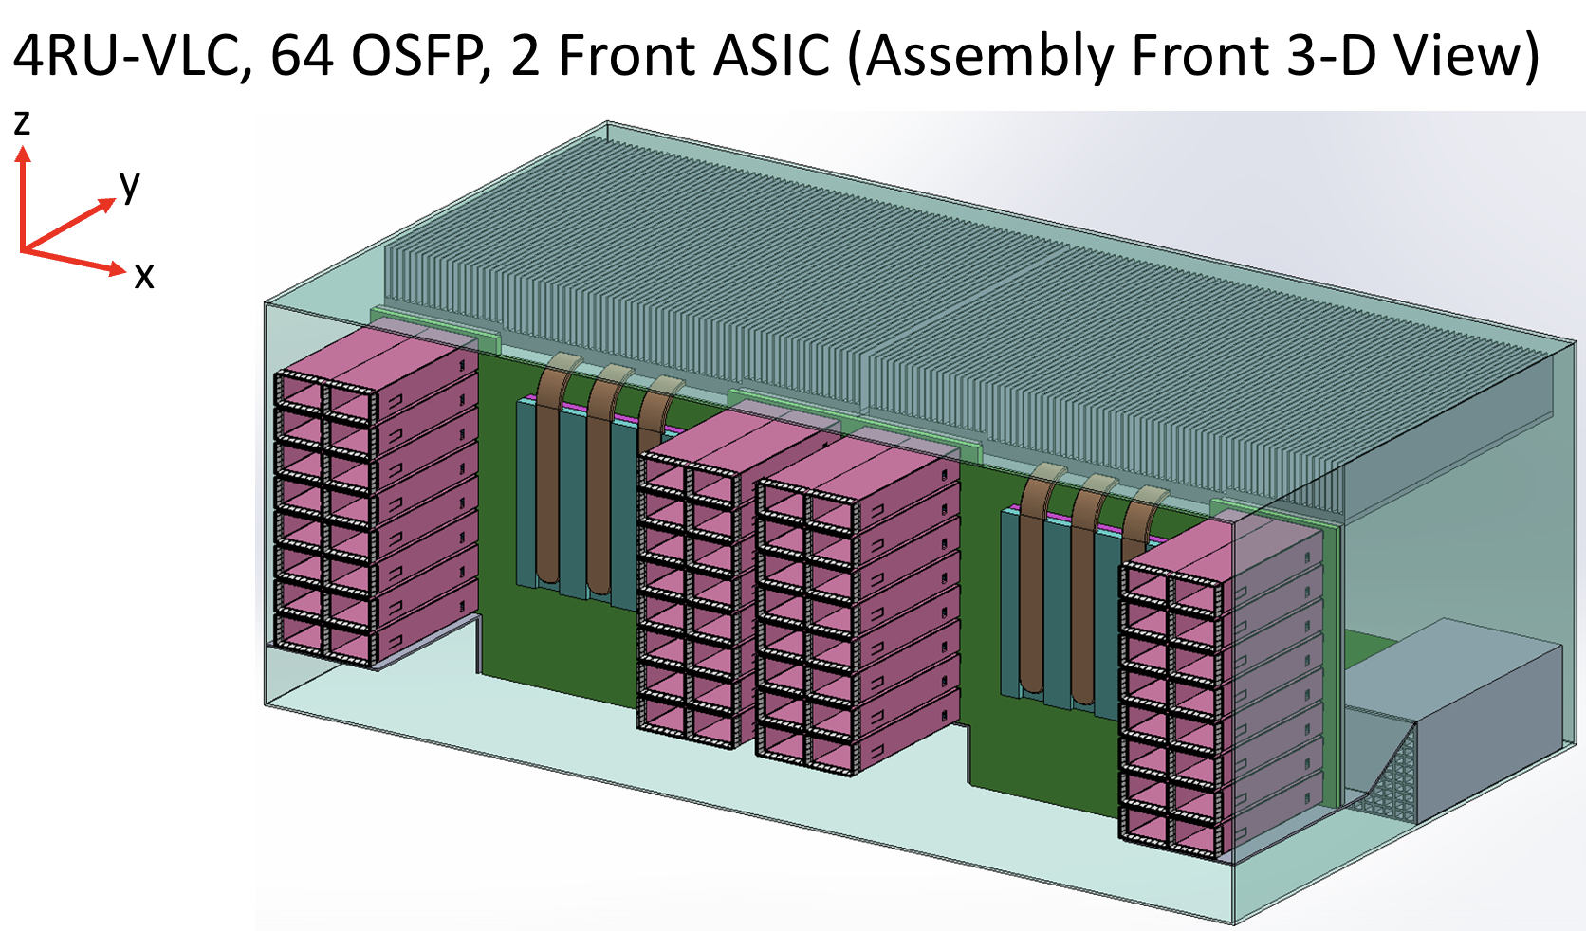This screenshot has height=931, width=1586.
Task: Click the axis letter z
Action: (21, 122)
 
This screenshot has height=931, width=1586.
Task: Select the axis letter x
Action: (143, 276)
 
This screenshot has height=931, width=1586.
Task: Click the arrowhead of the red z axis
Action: (23, 153)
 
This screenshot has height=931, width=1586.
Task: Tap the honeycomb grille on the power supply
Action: (1391, 777)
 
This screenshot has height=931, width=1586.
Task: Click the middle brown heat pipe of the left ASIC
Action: (599, 484)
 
